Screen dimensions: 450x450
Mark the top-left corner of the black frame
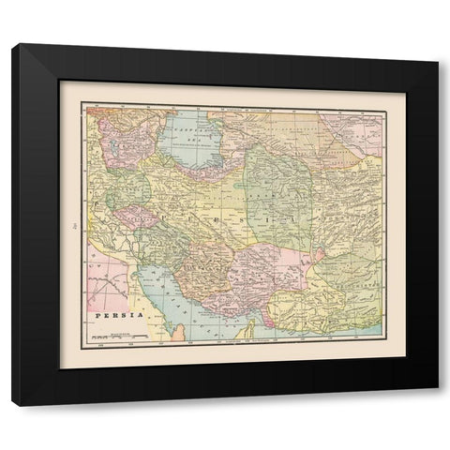coord(17,43)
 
